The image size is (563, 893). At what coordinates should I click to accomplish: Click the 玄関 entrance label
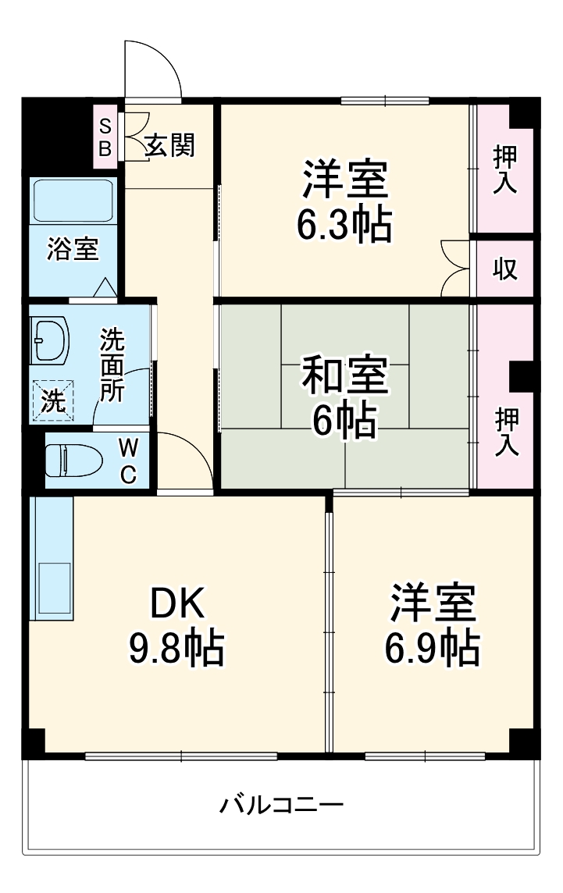[170, 144]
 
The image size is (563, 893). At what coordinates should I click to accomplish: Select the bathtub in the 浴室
[72, 201]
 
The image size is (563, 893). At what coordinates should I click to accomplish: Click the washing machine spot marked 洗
[53, 400]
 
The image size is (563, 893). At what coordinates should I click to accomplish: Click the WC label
[129, 460]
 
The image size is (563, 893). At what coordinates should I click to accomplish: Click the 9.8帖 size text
[176, 647]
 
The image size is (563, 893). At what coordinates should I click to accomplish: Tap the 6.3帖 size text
[344, 223]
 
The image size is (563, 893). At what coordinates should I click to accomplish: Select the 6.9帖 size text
[432, 646]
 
